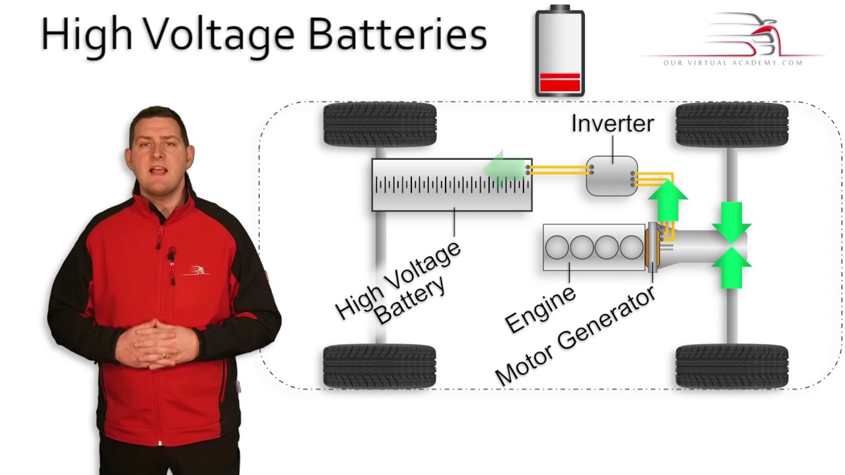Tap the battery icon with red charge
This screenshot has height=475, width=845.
coord(559,51)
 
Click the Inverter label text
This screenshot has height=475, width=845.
coord(612,123)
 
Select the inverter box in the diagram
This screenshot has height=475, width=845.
coord(612,176)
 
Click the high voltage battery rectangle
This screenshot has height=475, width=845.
coord(452,185)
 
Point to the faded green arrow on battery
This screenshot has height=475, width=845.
coord(503,169)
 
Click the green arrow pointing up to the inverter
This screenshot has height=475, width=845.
coord(667,202)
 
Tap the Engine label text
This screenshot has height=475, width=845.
coord(540,309)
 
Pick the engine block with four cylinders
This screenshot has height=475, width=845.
coord(593,247)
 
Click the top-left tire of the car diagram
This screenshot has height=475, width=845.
coord(380,125)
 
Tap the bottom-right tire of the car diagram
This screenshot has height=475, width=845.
coord(731,366)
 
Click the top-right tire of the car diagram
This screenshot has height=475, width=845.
coord(731,125)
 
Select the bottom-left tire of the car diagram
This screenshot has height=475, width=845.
coord(380,366)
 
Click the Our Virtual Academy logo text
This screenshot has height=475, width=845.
coord(733,63)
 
